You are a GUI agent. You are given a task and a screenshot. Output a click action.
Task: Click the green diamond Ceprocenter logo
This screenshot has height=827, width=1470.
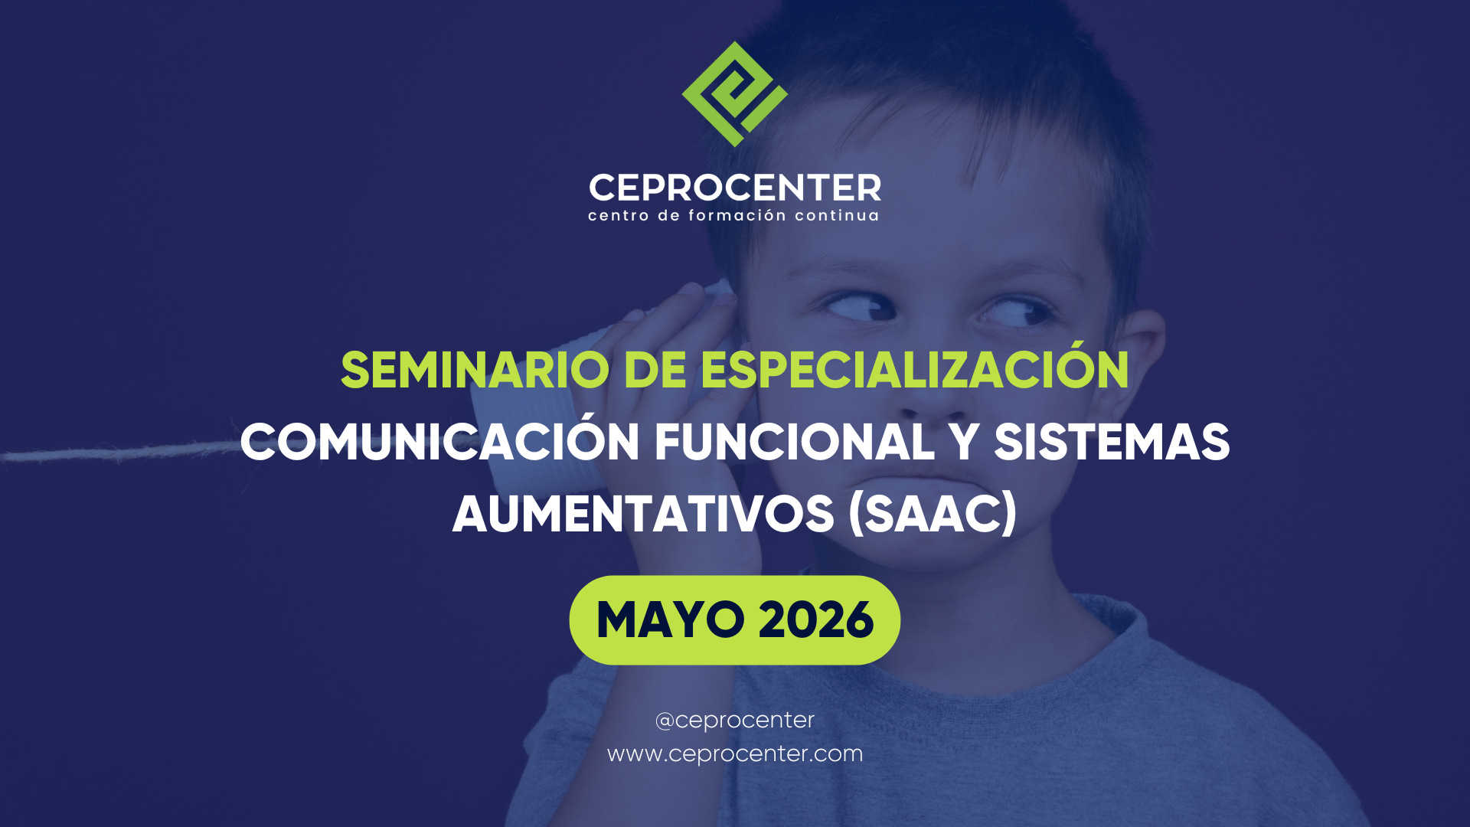pos(734,94)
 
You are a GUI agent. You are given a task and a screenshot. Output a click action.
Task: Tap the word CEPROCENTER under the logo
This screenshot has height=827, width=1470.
pos(735,188)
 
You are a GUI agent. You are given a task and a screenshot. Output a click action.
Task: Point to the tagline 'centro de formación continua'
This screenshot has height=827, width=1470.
pos(733,215)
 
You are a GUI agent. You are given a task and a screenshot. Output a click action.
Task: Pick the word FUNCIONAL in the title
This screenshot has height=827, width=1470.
pos(794,443)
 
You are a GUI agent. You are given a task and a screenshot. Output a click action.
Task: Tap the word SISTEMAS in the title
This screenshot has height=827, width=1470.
pos(1112,443)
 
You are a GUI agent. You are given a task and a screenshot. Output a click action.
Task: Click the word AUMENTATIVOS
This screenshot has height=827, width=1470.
pos(643,514)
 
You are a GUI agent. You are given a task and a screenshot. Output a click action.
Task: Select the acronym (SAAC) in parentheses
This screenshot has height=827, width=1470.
pos(933,514)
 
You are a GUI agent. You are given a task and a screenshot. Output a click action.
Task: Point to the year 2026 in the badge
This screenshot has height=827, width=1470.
pos(816,619)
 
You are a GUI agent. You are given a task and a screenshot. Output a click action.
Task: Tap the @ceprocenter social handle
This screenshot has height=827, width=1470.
pos(735,720)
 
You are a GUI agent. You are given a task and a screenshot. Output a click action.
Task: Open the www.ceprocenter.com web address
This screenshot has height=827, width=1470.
pos(735,753)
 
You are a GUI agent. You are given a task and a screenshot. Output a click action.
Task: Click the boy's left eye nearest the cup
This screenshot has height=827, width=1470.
pos(860,308)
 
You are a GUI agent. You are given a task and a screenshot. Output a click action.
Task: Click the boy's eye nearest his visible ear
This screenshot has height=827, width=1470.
pos(1016,312)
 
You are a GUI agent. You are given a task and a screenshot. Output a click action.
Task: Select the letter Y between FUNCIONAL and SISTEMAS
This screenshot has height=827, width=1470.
pos(964,443)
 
